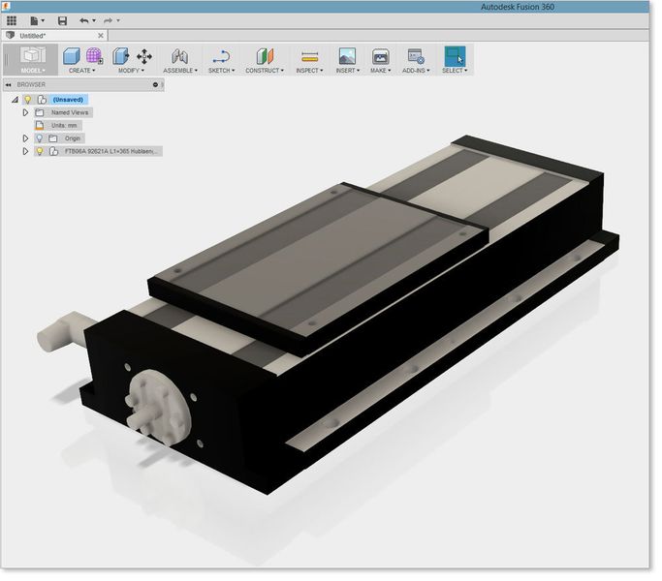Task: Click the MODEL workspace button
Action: (x=33, y=59)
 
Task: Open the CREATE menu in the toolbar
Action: (x=79, y=71)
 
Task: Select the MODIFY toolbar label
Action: (x=130, y=71)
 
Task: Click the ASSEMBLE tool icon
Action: (x=178, y=57)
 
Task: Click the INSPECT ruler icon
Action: (x=309, y=57)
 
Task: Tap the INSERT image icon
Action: (x=346, y=57)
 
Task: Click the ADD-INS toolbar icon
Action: (x=415, y=57)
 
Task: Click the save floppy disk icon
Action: (x=62, y=20)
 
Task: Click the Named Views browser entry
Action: (x=69, y=112)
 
